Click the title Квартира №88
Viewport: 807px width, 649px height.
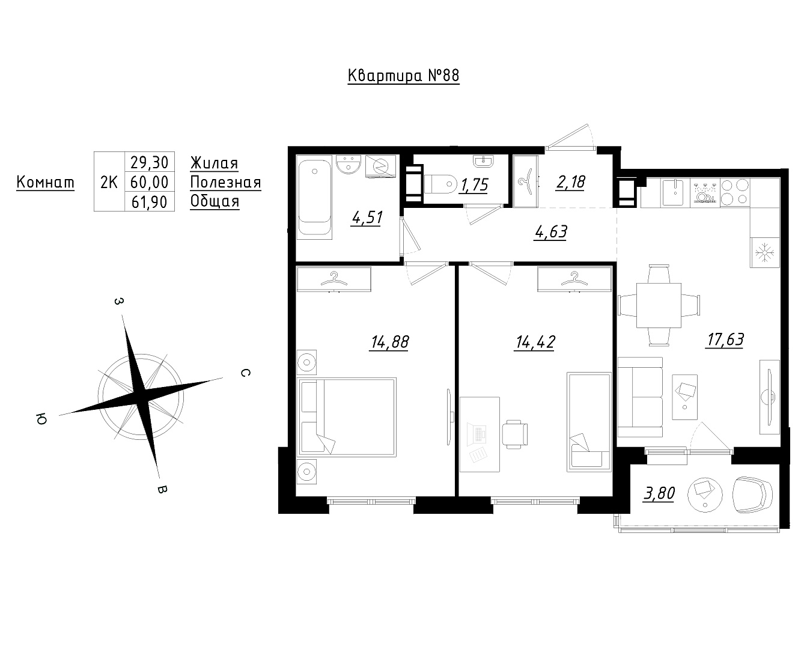click(404, 76)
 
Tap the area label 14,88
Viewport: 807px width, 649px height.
click(389, 342)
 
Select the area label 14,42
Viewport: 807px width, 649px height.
click(535, 342)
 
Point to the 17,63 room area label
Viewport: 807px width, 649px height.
click(725, 340)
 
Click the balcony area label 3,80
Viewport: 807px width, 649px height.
click(659, 493)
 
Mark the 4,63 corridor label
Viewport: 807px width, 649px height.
click(550, 232)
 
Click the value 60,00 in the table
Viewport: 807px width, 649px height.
click(149, 182)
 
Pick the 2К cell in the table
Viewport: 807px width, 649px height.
click(109, 182)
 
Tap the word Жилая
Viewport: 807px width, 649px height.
click(214, 163)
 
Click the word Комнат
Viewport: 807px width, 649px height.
click(46, 183)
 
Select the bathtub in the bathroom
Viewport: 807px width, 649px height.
click(315, 198)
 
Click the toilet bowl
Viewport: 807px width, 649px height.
click(440, 184)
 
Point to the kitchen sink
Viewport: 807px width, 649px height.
click(675, 193)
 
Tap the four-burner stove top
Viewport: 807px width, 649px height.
click(735, 192)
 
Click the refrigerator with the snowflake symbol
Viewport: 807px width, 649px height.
click(764, 252)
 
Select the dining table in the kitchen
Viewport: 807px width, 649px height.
click(659, 305)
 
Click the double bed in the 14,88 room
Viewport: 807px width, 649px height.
click(347, 417)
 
